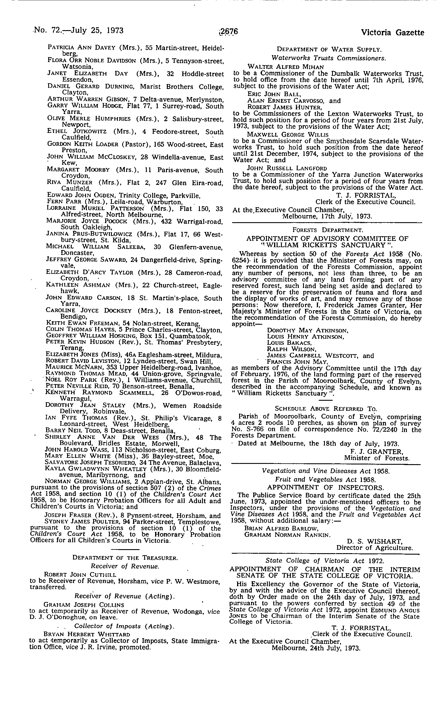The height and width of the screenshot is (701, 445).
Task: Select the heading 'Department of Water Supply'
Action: coord(328,49)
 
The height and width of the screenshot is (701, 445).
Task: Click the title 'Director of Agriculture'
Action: coord(375,548)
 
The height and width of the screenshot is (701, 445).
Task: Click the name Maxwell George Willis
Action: coord(288,135)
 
